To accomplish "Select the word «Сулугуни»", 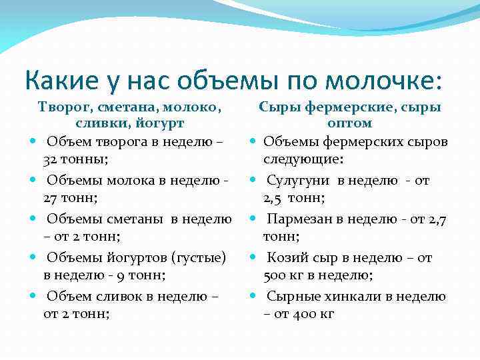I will point(299,180).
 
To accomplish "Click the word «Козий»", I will point(285,257).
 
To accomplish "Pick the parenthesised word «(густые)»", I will point(198,257).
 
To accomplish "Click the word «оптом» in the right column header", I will point(349,123).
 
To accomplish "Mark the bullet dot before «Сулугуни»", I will point(253,181).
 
